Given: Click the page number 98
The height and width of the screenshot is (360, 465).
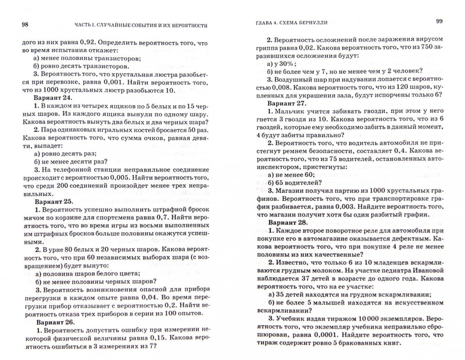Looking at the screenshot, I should [25, 24].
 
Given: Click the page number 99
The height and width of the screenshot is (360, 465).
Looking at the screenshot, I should [439, 21].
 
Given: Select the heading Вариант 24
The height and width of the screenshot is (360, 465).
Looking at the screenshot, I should [53, 98].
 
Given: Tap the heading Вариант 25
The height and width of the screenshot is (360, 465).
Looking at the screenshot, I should [54, 201].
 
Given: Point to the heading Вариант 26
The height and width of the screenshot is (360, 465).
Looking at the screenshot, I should [55, 322].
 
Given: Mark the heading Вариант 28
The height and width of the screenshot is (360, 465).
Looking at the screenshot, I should [287, 223].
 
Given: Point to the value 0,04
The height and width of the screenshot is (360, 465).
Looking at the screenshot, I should [149, 297].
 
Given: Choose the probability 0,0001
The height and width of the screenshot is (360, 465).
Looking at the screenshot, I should [325, 335].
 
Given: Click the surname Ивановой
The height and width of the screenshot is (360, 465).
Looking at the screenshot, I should [427, 270].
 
